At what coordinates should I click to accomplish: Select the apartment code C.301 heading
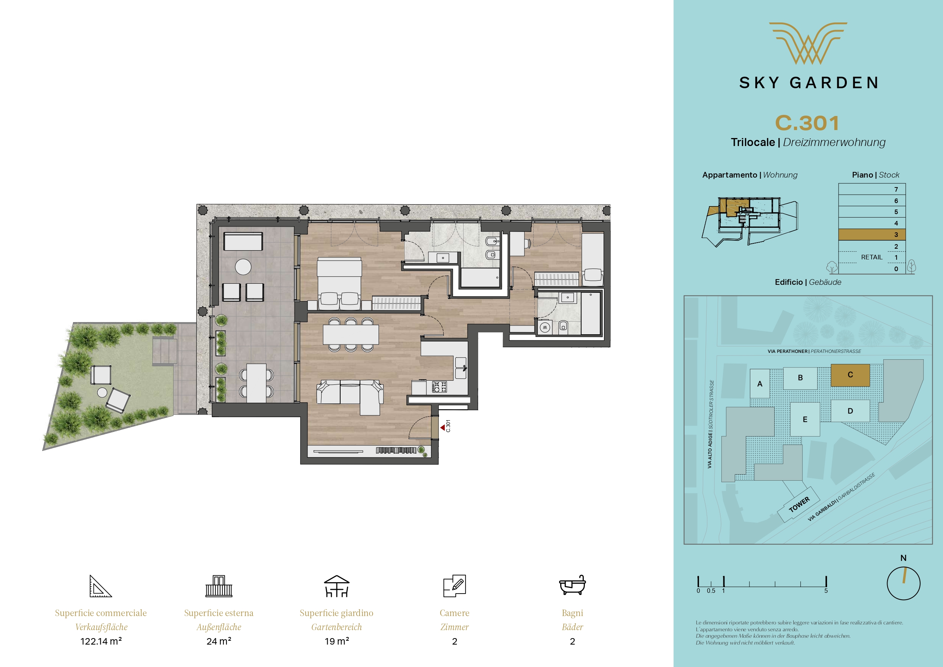pos(807,123)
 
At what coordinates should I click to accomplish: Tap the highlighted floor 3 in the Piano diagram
pos(872,235)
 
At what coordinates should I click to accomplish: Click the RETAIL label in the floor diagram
pos(872,257)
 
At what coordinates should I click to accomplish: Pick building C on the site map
pos(850,375)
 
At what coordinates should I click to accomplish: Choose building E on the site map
pos(805,419)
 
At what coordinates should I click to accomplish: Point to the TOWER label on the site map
pos(799,504)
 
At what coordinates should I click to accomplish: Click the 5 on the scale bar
pos(826,591)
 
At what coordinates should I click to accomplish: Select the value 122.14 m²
pos(101,641)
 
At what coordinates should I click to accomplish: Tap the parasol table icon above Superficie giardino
pos(336,586)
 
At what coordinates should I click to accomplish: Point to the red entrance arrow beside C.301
pos(443,428)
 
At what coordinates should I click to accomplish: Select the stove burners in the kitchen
pos(439,387)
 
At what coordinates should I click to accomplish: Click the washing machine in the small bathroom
pos(545,327)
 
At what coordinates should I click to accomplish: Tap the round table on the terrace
pos(243,267)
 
